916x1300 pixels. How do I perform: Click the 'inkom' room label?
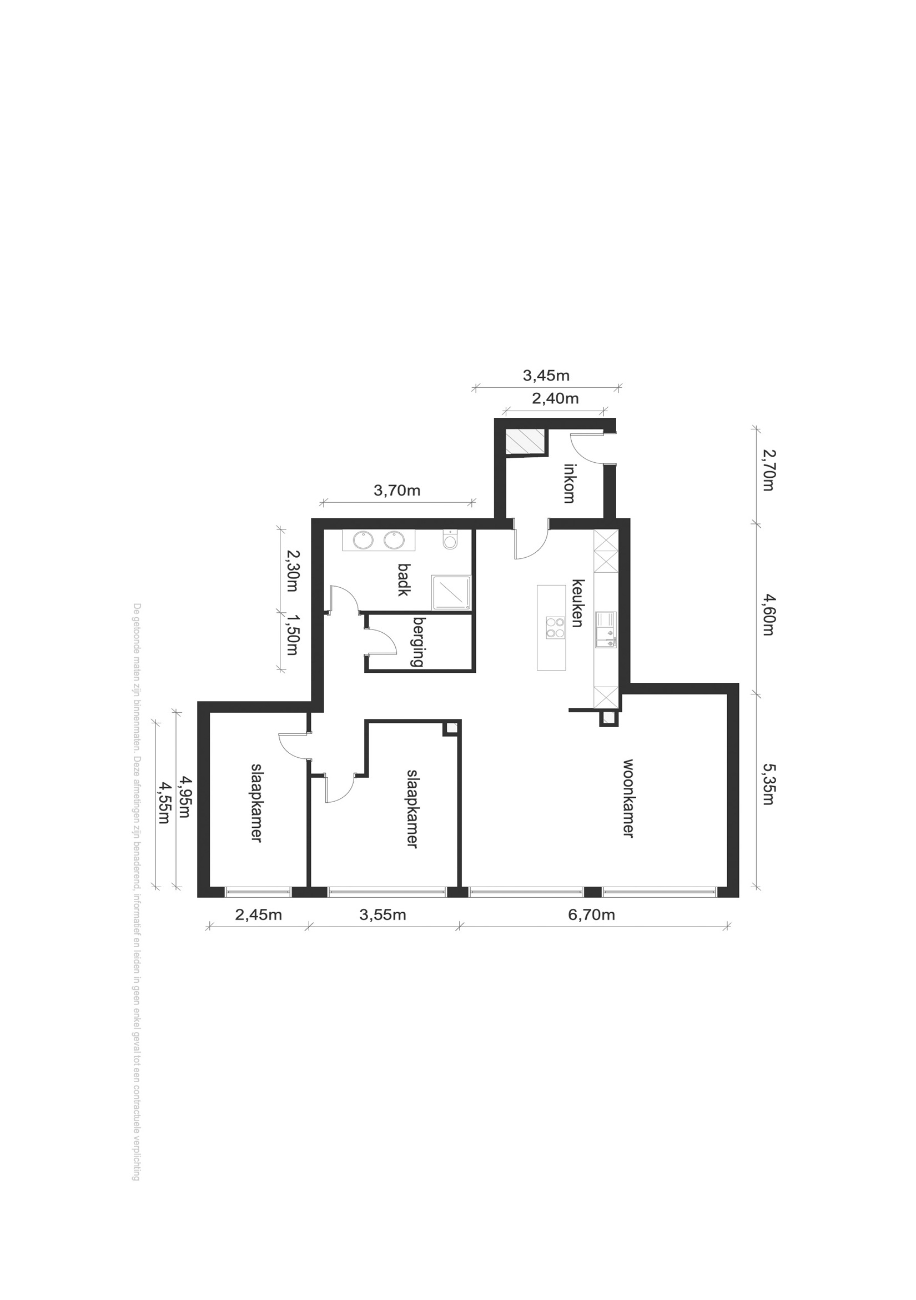[569, 483]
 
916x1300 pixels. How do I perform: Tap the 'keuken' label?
[577, 603]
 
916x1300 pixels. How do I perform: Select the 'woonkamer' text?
[628, 798]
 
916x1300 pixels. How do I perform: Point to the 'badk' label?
[404, 580]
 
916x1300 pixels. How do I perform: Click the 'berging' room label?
[419, 642]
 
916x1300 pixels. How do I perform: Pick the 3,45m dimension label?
[546, 375]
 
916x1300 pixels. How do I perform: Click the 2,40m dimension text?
[555, 398]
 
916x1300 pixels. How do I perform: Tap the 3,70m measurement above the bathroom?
[397, 491]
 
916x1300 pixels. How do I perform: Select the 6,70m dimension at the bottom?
[591, 914]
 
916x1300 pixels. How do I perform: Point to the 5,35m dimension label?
[768, 784]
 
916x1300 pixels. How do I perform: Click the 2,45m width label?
[259, 914]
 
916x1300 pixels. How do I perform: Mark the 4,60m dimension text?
[768, 614]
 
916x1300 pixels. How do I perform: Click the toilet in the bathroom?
[450, 540]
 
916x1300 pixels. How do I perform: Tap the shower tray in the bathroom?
[451, 593]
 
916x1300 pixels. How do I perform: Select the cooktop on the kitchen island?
[555, 627]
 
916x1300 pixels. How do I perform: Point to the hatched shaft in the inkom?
[526, 442]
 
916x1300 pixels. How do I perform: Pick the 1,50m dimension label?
[292, 634]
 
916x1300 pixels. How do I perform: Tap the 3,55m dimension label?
[382, 914]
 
